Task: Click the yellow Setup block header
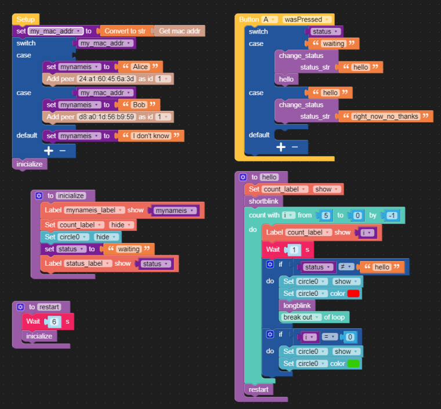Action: tap(26, 19)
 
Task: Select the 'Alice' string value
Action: tap(140, 67)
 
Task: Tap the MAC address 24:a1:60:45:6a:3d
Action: tap(106, 79)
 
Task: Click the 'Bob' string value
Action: tap(139, 104)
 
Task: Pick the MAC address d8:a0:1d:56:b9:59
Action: tap(106, 117)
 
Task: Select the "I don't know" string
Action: tap(151, 136)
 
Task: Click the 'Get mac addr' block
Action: tap(179, 31)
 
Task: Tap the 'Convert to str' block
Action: tap(125, 31)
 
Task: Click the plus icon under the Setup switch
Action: tap(49, 151)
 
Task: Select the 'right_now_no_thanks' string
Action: tap(386, 117)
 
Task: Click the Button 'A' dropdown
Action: tap(269, 19)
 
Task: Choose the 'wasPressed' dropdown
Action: tap(307, 19)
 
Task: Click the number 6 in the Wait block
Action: tap(54, 321)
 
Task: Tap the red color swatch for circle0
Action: tap(353, 294)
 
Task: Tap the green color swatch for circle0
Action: tap(353, 364)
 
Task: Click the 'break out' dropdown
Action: tap(301, 317)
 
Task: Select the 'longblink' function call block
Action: tap(297, 305)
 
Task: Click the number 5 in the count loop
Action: tap(326, 216)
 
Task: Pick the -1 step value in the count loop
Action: tap(392, 216)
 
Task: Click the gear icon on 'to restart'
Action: tap(20, 307)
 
